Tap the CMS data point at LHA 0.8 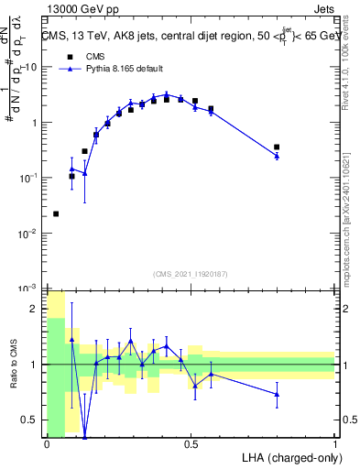(277, 147)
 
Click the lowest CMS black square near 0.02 (56, 213)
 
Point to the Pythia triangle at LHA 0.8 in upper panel (277, 156)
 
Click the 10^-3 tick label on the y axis (30, 289)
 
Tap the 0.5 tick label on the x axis (191, 444)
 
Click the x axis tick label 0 (47, 444)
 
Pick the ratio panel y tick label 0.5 (33, 420)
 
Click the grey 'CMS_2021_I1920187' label (191, 273)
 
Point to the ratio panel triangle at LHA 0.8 (277, 394)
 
